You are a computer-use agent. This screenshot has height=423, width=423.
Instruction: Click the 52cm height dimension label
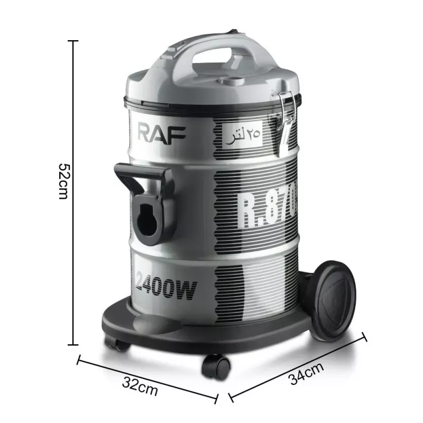(x=62, y=180)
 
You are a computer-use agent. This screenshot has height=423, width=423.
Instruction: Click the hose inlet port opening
(x=145, y=217)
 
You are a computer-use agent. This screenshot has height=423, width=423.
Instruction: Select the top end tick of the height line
(x=75, y=40)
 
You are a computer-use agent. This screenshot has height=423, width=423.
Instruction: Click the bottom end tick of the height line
(x=75, y=344)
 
